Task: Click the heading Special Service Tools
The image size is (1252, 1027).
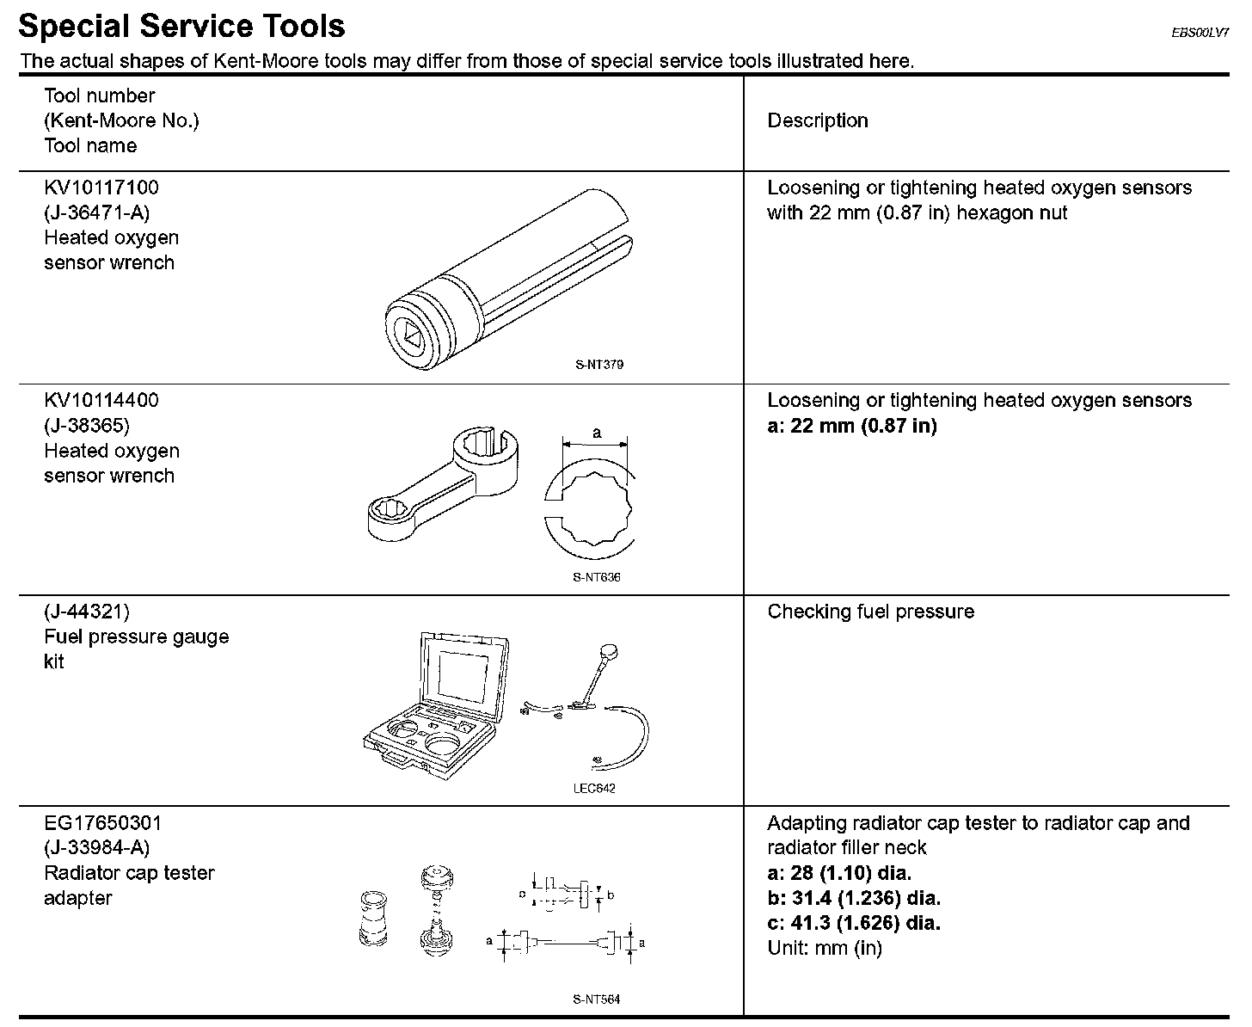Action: [x=181, y=27]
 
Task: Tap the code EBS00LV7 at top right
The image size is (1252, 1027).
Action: [x=1200, y=33]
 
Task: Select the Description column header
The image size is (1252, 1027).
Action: [x=817, y=121]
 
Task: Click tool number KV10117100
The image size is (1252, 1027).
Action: [x=101, y=188]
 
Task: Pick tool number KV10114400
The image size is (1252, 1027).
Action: [x=101, y=401]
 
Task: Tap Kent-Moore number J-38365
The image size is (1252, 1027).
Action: [x=87, y=426]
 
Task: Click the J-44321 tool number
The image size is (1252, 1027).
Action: [x=87, y=612]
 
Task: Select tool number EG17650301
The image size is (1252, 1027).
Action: [x=102, y=823]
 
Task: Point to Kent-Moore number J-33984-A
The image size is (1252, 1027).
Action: [x=96, y=848]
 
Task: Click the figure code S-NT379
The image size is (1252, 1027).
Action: [x=599, y=365]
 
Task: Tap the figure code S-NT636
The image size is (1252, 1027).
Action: [x=597, y=577]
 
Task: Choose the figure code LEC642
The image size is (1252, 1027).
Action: [x=594, y=789]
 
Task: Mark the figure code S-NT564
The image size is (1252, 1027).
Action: [x=596, y=999]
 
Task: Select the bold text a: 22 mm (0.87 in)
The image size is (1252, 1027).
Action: [x=851, y=426]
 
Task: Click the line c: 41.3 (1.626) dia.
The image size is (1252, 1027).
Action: [x=853, y=924]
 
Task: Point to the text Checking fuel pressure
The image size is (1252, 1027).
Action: [x=870, y=612]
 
